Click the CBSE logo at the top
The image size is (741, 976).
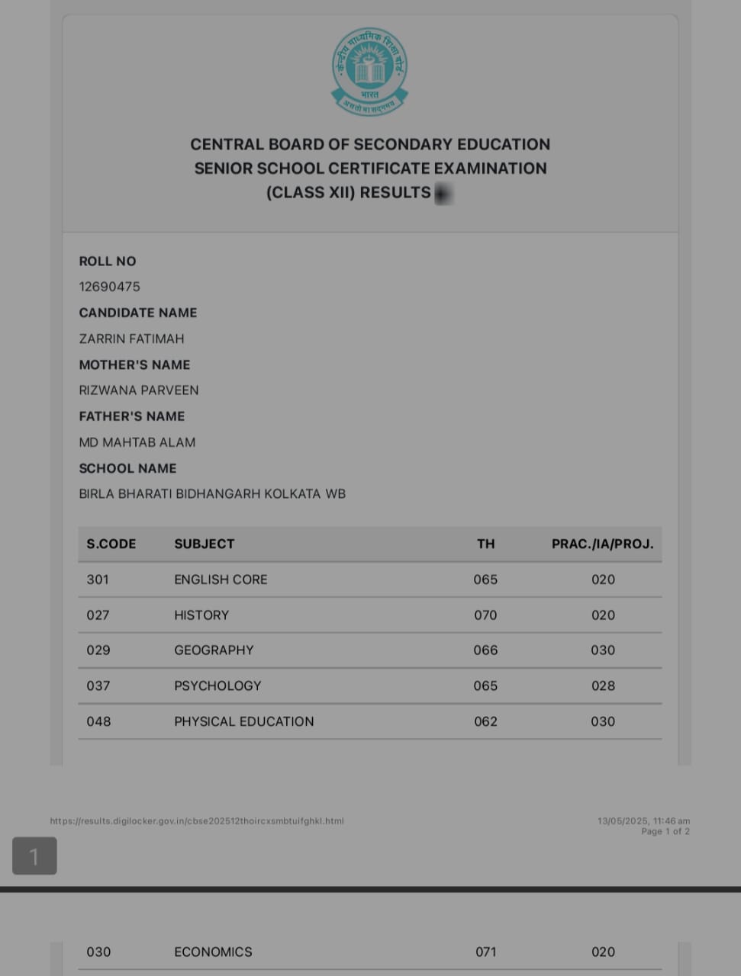pos(369,72)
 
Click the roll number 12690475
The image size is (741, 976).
pos(109,287)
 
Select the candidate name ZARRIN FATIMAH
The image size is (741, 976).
pos(131,339)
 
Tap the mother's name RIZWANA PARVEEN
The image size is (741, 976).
pos(139,390)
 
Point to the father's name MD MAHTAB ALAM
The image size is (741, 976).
pos(137,442)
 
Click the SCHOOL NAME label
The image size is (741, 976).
pos(127,468)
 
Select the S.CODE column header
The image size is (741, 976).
pos(111,544)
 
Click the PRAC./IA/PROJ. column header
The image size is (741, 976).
pos(602,544)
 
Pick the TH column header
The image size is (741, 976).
pos(485,544)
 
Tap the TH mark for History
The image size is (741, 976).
pos(485,615)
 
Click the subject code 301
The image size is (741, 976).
pos(98,579)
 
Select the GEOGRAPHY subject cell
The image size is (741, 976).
pos(214,650)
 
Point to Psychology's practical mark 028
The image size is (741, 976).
pos(603,685)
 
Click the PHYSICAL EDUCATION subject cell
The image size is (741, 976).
pos(243,721)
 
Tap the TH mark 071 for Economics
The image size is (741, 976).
pos(485,952)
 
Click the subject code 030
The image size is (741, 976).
pos(98,952)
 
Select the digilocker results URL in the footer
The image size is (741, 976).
pos(197,821)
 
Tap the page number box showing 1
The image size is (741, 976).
pos(34,856)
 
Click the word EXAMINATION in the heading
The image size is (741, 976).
pos(491,169)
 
